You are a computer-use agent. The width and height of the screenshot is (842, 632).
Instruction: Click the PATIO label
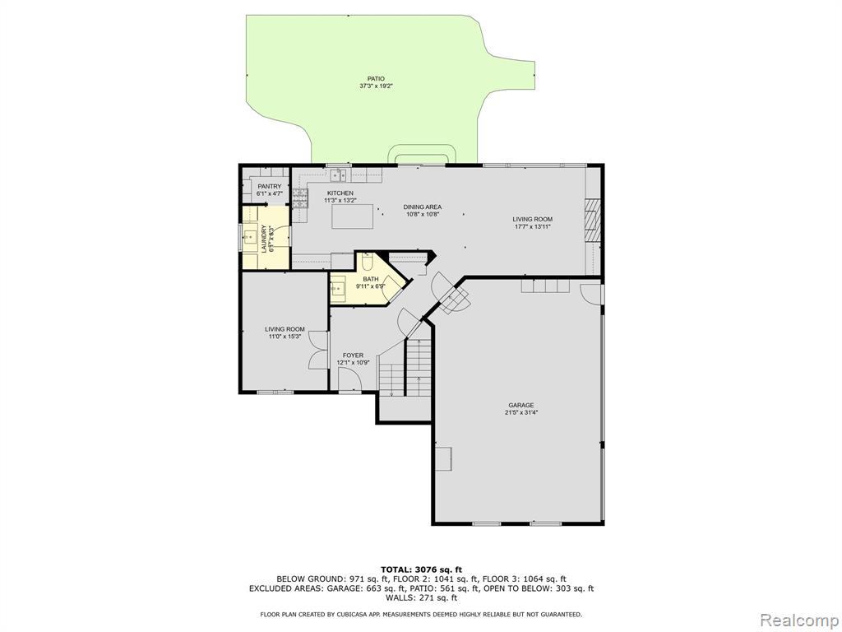point(376,79)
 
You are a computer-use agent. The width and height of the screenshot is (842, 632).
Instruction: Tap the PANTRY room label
point(269,187)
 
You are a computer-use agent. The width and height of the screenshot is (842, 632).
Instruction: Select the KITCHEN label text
point(340,193)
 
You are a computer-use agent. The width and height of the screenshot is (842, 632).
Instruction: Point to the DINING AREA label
point(423,207)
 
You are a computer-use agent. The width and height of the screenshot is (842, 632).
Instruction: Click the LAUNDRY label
point(264,239)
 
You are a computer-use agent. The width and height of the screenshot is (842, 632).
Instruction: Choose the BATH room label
point(371,279)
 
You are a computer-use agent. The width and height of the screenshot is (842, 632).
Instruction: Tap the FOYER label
point(353,355)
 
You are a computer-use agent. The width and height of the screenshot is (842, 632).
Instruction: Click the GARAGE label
point(521,405)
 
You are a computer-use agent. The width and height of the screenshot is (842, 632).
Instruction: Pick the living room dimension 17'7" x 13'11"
point(532,227)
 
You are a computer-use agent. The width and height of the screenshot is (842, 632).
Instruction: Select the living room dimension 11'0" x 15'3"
point(285,337)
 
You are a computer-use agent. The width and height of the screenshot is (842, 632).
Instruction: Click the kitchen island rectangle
point(352,217)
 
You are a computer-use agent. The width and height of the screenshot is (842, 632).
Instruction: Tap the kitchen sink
point(338,174)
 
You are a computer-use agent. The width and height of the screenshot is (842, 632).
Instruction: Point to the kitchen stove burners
point(300,197)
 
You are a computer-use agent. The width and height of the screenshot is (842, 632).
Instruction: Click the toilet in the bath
point(368,262)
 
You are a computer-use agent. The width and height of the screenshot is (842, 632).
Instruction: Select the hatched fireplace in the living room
point(592,221)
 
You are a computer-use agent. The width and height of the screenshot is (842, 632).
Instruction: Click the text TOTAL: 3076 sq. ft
point(421,569)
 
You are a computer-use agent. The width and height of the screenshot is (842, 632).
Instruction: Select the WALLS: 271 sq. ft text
point(421,597)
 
